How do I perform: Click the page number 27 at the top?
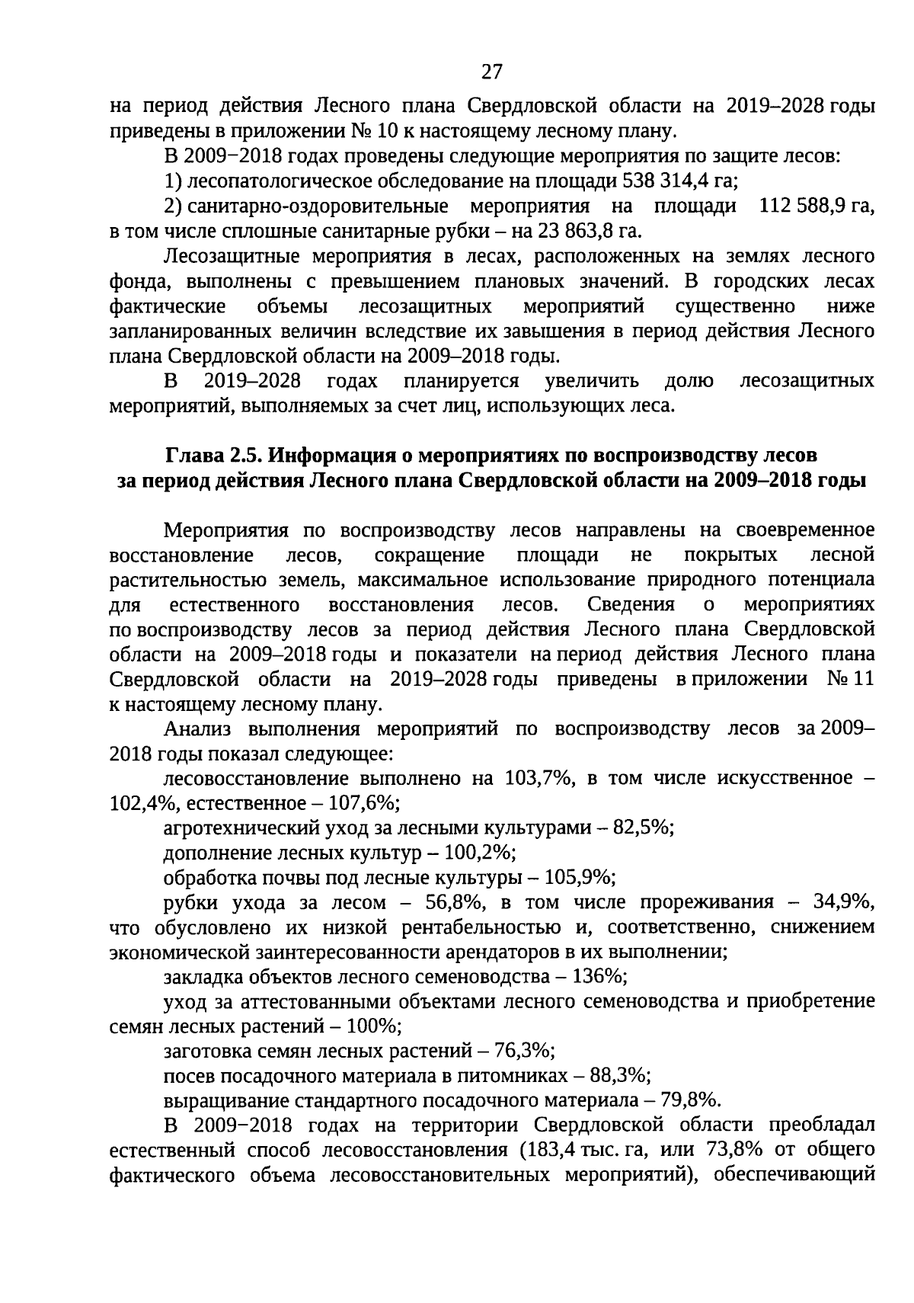[492, 72]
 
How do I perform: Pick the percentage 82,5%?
[647, 828]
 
